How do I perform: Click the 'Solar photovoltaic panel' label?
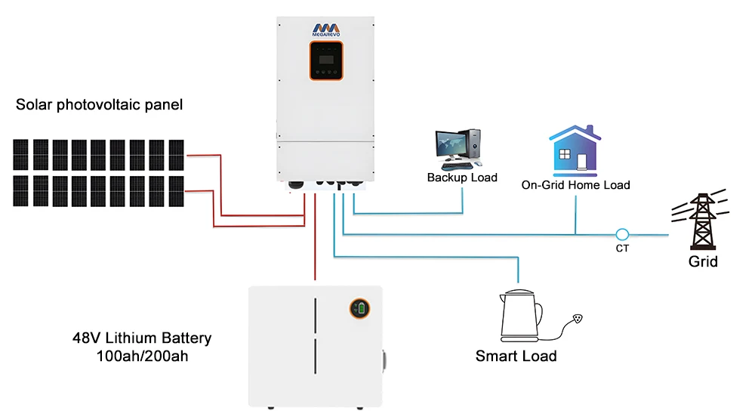(x=99, y=105)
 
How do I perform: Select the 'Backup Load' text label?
(x=462, y=178)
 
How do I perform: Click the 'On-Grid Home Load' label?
(x=575, y=184)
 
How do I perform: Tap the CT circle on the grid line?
(x=622, y=234)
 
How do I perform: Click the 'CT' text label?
(x=622, y=248)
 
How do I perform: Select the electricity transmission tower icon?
(x=702, y=220)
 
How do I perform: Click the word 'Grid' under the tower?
(x=703, y=262)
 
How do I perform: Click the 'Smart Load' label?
(x=516, y=356)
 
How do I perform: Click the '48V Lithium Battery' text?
(x=137, y=338)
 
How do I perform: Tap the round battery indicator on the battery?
(x=359, y=308)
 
